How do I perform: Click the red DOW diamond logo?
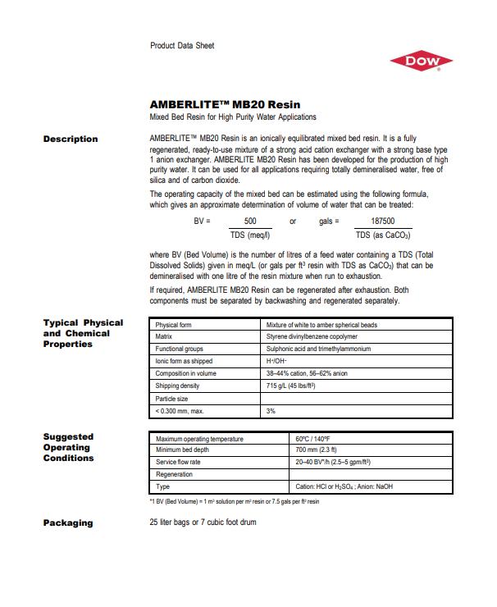(421, 61)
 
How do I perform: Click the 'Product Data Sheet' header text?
(182, 45)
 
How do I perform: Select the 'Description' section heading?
(70, 139)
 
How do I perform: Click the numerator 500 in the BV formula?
(251, 221)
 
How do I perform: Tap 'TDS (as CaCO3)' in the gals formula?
(382, 236)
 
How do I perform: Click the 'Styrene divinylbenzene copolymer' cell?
(312, 337)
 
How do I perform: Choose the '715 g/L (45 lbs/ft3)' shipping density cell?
(293, 386)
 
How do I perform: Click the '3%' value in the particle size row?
(271, 410)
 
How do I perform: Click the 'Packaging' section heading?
(67, 523)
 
